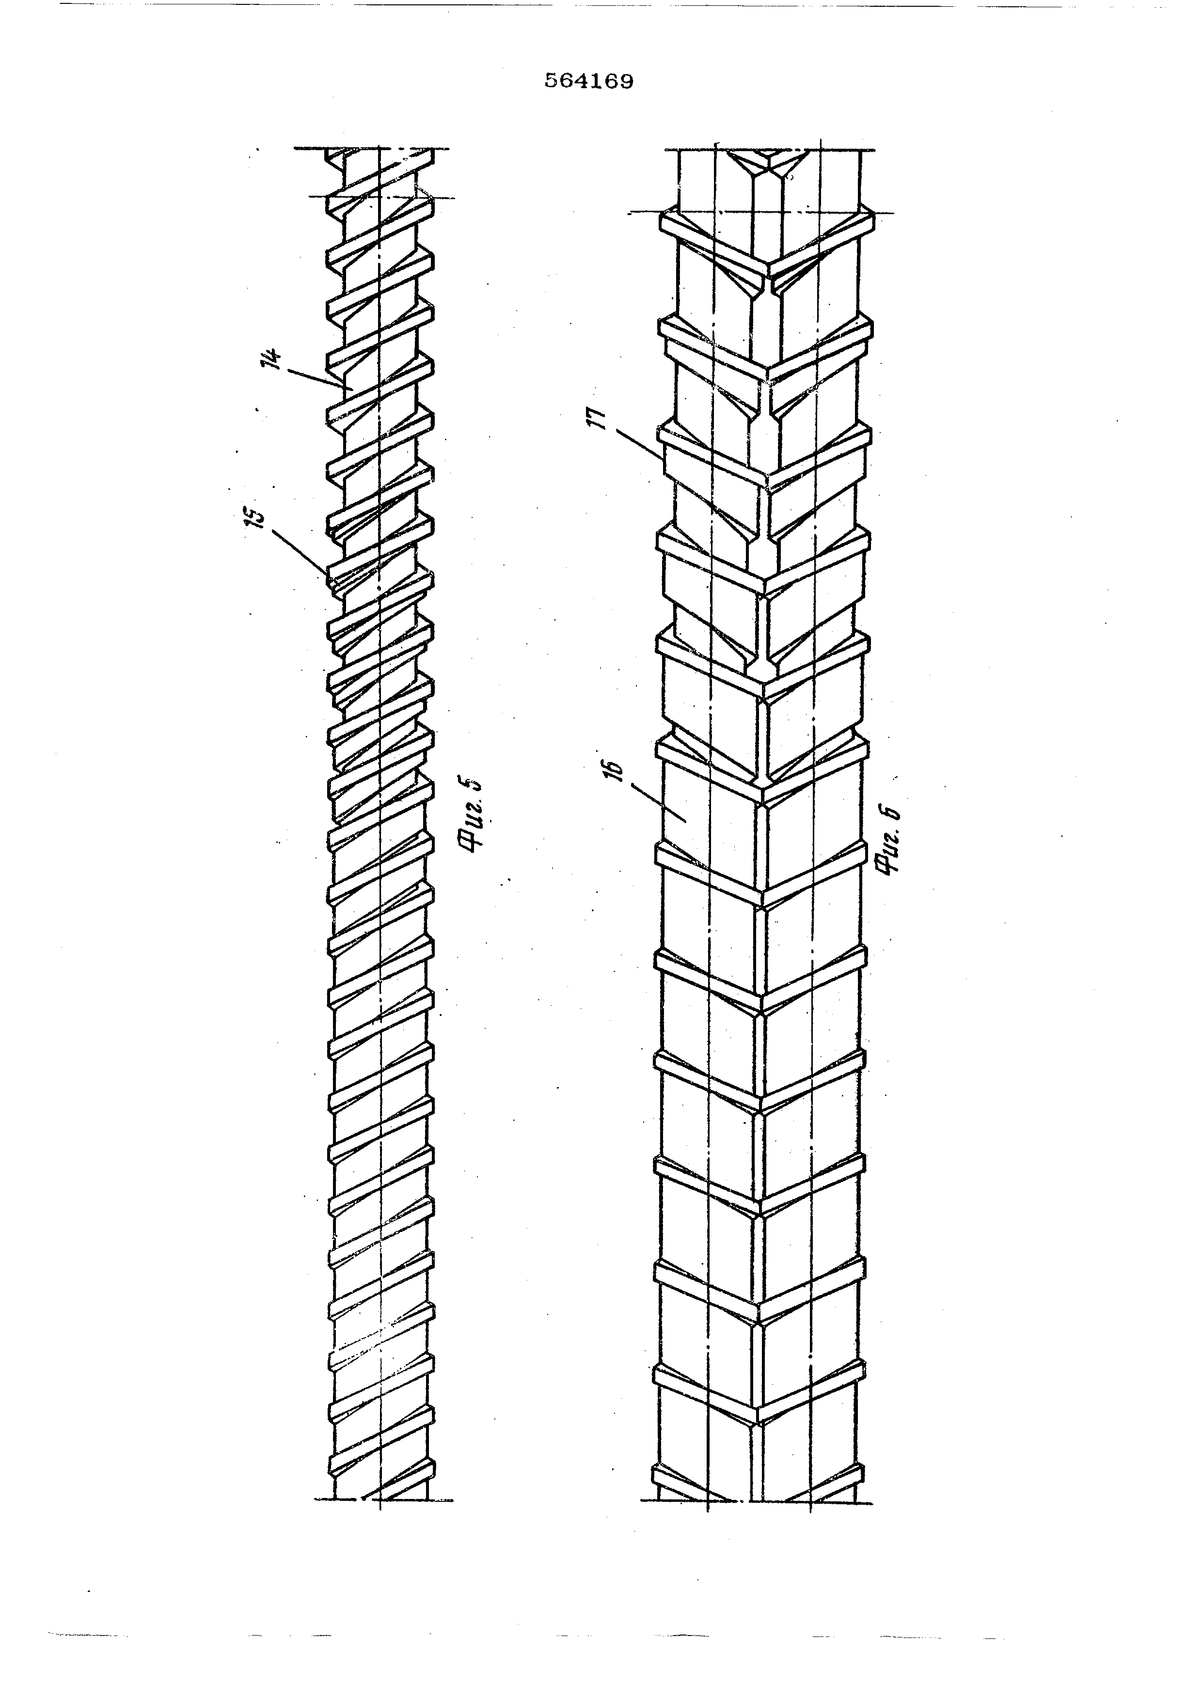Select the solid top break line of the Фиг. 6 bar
click(x=770, y=150)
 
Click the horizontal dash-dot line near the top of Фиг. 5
click(x=381, y=197)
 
